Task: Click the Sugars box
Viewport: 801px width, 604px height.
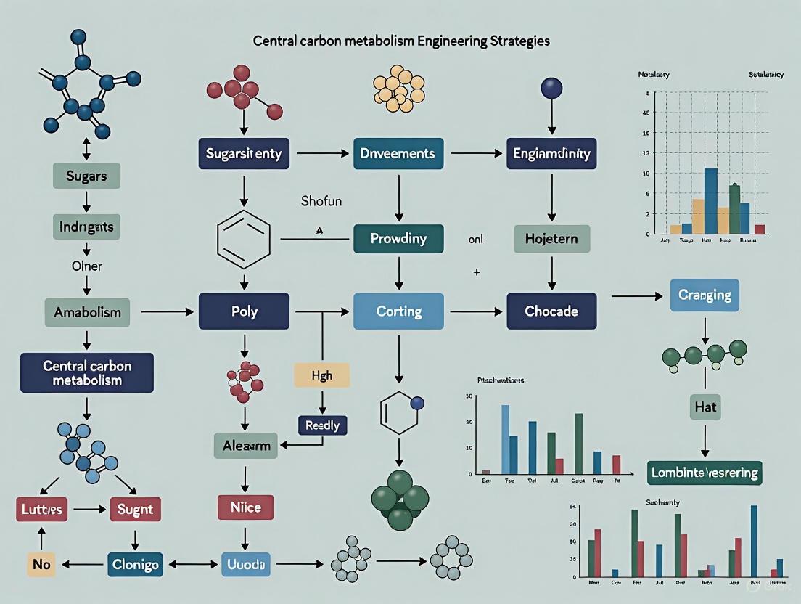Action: pos(86,176)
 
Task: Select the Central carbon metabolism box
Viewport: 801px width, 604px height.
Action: pos(86,372)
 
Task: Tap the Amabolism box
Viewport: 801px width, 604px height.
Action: pos(86,312)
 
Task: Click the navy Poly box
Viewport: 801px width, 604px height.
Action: pos(244,311)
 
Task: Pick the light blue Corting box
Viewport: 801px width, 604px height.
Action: pos(398,311)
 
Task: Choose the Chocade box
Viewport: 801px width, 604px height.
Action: pos(551,311)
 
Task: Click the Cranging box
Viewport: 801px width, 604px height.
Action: pos(704,295)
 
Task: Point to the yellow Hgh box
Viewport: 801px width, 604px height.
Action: pos(321,375)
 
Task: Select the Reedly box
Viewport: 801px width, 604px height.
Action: pos(322,425)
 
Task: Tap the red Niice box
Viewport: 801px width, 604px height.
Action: pos(245,507)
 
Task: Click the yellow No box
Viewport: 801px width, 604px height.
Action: pos(41,563)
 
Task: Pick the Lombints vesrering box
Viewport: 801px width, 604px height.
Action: pos(704,473)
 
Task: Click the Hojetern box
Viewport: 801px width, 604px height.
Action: pos(551,238)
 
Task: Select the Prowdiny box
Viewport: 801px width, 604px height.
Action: pos(398,238)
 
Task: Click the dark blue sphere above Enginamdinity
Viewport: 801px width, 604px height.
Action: pos(551,89)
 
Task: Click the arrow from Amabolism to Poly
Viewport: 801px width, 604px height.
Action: pos(168,312)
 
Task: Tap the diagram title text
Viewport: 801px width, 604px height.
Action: pos(400,41)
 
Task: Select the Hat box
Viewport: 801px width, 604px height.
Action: pos(704,407)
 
